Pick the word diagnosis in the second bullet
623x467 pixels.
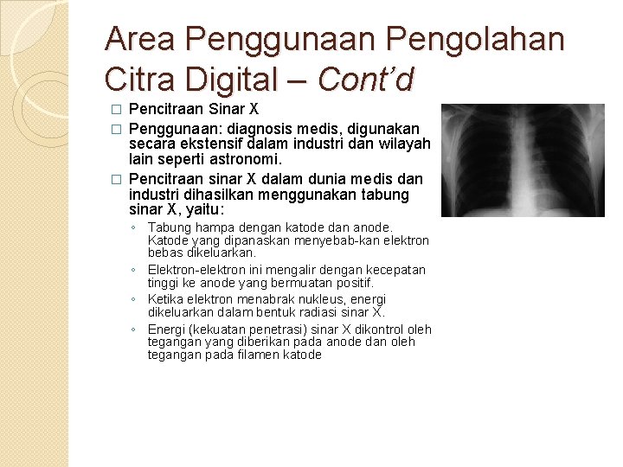click(x=259, y=127)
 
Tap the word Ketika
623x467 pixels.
click(x=165, y=299)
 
